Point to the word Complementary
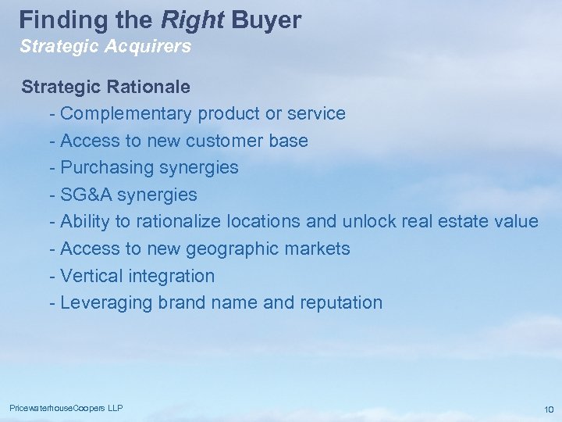point(126,113)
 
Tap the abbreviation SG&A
point(85,195)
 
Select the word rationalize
point(179,221)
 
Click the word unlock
point(369,221)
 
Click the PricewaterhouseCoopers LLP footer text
point(66,408)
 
